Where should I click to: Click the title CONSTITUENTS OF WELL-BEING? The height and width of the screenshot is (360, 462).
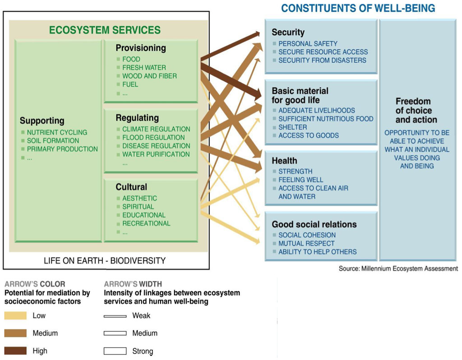click(358, 8)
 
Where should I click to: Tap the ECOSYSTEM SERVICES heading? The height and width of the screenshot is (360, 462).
click(105, 30)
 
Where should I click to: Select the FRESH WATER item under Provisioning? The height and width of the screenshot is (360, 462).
click(144, 68)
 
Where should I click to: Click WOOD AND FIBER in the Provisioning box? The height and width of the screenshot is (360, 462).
click(149, 76)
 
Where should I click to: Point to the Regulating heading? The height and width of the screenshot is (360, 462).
click(137, 118)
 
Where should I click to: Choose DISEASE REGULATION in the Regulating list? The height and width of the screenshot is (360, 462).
click(156, 146)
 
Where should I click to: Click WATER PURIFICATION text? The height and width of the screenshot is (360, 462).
click(156, 154)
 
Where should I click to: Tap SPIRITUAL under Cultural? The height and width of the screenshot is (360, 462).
click(138, 207)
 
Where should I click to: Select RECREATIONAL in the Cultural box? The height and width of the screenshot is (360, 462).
click(146, 223)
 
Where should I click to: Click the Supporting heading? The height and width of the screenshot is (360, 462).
click(42, 121)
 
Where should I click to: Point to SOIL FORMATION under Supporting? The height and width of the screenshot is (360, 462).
click(53, 140)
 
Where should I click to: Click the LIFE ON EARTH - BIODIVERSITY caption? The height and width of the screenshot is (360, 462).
click(105, 261)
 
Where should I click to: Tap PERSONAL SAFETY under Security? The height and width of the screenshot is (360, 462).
click(308, 44)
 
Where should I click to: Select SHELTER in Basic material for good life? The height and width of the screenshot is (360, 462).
click(292, 127)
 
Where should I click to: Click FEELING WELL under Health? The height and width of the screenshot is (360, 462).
click(300, 180)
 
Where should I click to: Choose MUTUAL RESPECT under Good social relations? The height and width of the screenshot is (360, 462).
click(306, 243)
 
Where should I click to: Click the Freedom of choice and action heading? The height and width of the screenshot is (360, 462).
click(416, 111)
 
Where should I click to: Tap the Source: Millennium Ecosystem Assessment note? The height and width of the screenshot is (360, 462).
click(398, 268)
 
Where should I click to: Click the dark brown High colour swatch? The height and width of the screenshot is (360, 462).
click(15, 351)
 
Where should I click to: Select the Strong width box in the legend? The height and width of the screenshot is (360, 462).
click(115, 351)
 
